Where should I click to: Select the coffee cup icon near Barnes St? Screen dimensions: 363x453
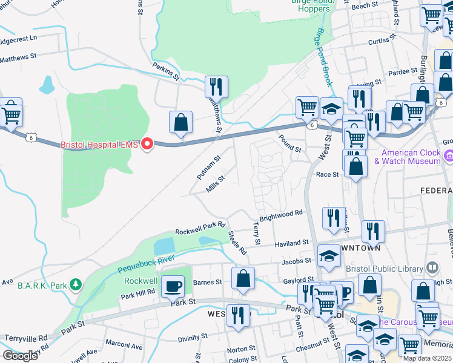[174, 287]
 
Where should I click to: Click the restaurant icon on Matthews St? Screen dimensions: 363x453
[216, 88]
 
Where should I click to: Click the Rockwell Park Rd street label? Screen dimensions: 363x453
[200, 228]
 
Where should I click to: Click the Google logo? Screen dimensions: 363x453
[21, 356]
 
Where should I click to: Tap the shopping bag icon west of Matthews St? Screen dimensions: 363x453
[180, 123]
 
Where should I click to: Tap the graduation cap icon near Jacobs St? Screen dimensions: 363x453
[329, 257]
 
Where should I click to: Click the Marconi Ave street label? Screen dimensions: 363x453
[124, 347]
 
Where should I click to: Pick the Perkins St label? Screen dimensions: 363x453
[166, 71]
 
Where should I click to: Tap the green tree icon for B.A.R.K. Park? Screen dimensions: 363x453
[75, 284]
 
